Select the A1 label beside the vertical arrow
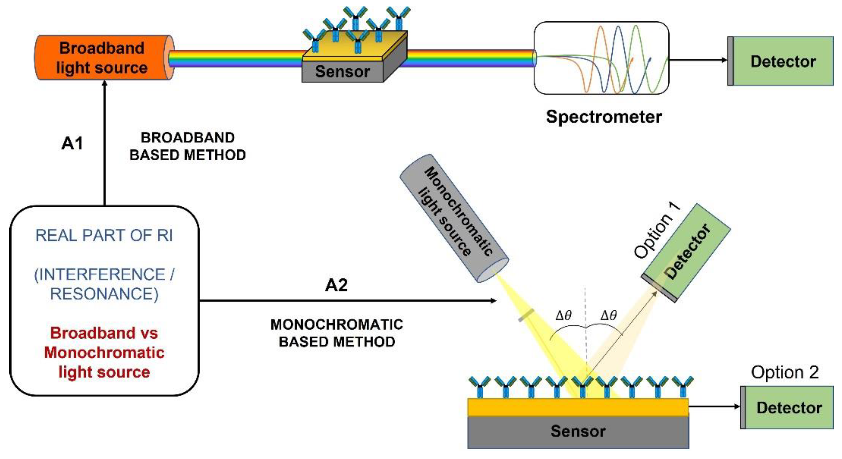[72, 143]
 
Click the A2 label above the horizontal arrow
[336, 285]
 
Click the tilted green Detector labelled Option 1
[687, 253]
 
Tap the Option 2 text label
[784, 372]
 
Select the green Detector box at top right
[783, 61]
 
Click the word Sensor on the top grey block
[342, 71]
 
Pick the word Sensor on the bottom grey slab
[578, 431]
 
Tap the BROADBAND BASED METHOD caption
[187, 146]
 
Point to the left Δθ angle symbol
[564, 315]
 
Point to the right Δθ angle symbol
[609, 315]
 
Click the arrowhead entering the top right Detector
[725, 60]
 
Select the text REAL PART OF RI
[104, 235]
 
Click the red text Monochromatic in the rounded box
[104, 353]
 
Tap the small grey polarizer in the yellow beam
[526, 315]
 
